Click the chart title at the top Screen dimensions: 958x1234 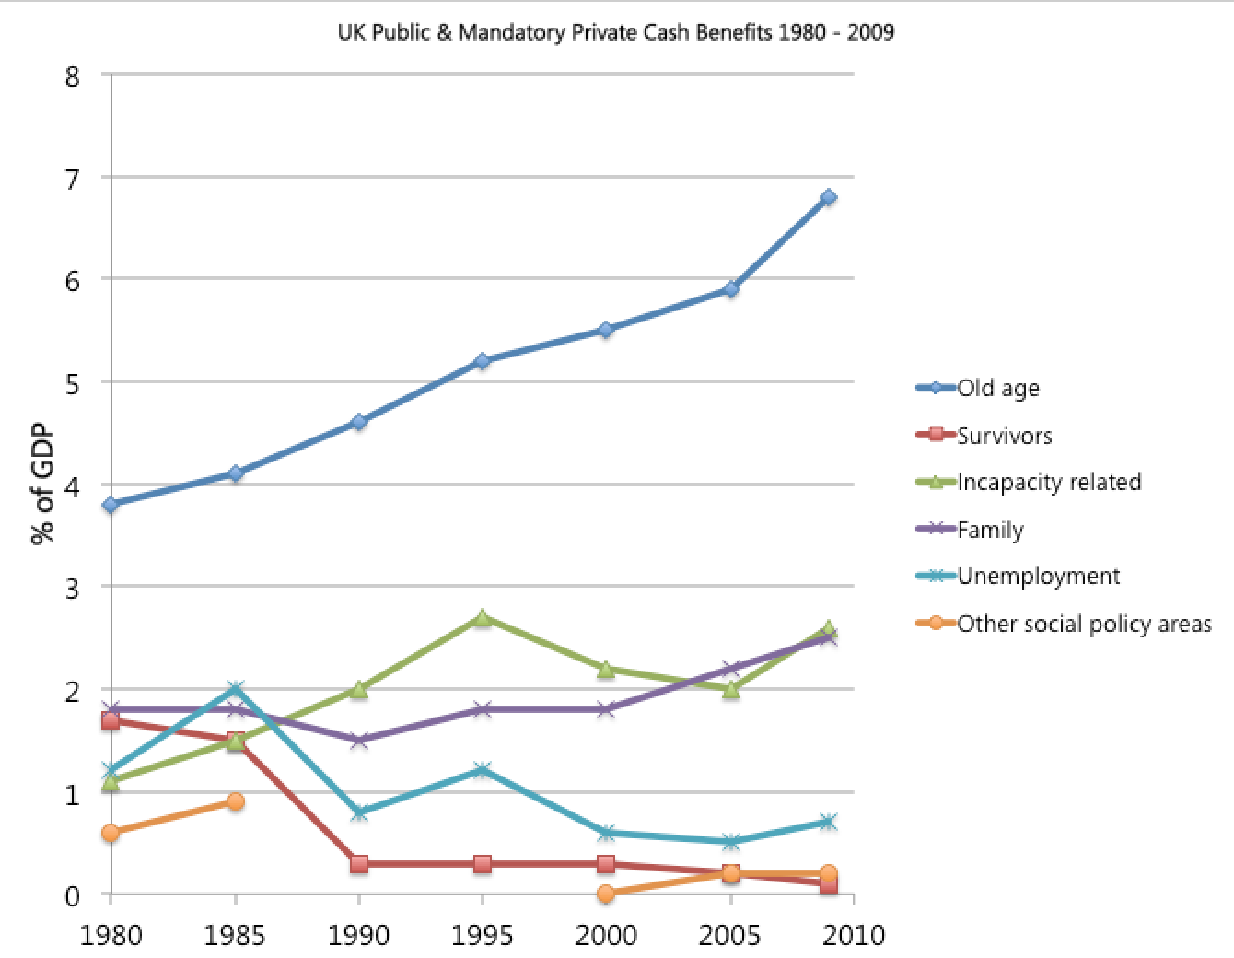click(x=616, y=33)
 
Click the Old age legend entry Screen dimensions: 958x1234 click(x=998, y=388)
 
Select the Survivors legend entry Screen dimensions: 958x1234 click(x=1004, y=435)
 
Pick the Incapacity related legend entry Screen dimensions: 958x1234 click(x=1049, y=482)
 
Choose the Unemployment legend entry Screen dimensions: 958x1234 click(x=1038, y=576)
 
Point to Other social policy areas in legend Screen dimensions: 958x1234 click(x=1084, y=624)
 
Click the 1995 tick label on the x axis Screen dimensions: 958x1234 click(x=483, y=935)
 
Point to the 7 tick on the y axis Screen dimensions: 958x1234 click(x=71, y=177)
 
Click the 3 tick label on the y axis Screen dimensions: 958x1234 click(x=71, y=587)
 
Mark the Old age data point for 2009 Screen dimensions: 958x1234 click(x=829, y=197)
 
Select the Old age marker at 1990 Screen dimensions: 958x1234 click(x=359, y=422)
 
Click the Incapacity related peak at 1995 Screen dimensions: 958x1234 click(x=483, y=617)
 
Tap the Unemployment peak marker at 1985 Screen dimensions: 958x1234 click(x=235, y=689)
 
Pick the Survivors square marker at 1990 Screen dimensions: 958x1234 click(x=359, y=864)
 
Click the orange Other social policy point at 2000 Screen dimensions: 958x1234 click(x=606, y=894)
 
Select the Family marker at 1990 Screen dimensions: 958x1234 click(x=359, y=741)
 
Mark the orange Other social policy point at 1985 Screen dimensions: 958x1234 click(x=235, y=801)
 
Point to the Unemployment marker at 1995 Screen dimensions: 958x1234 click(x=483, y=770)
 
